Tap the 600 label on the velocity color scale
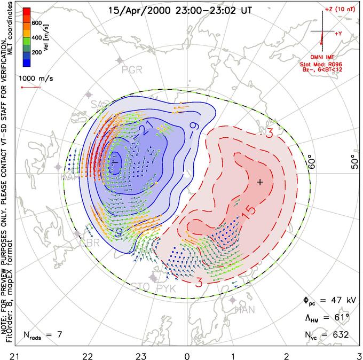coord(37,23)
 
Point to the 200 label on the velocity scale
coord(37,52)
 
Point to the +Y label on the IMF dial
coord(338,33)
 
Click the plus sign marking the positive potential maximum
coord(260,182)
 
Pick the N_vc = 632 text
coord(325,335)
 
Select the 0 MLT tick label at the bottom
coord(187,354)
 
